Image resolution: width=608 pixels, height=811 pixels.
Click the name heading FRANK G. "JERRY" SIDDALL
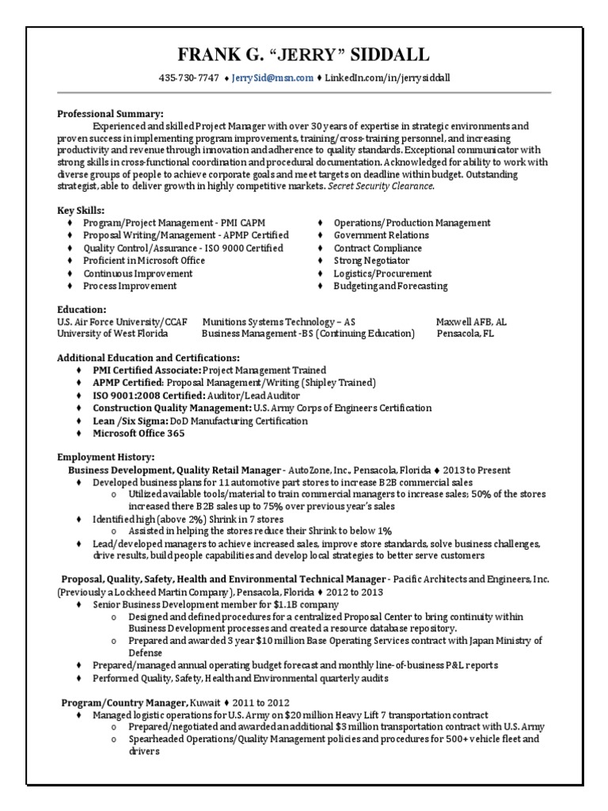click(304, 55)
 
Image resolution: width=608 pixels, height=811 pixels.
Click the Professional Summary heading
click(110, 114)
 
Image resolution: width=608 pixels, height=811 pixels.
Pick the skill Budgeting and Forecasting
click(390, 286)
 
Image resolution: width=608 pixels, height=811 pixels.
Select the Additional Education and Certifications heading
click(148, 358)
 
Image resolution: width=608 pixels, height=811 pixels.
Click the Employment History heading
click(106, 457)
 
